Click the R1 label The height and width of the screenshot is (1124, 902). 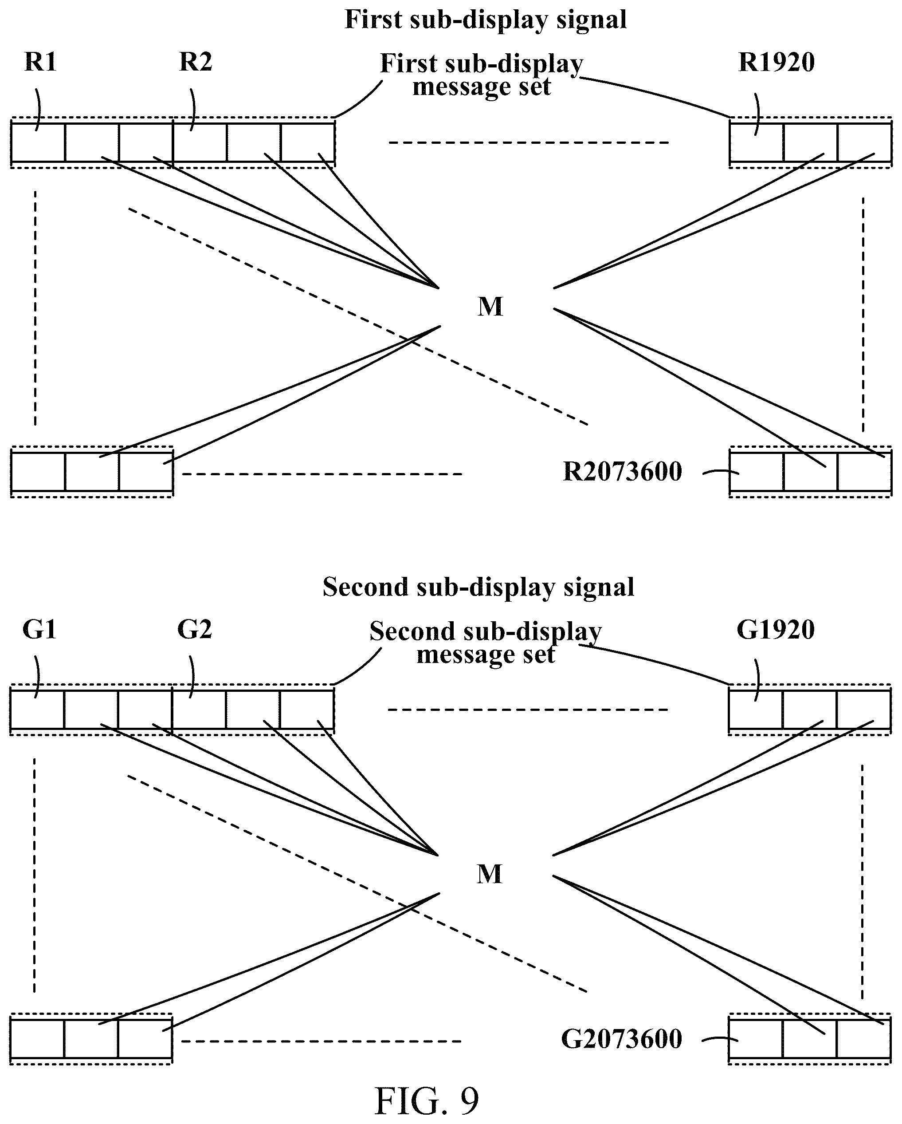coord(40,62)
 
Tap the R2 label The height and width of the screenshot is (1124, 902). coord(196,62)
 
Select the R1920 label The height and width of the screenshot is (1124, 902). coord(777,62)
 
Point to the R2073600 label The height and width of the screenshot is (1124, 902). coord(623,472)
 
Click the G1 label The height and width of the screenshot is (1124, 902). coord(39,629)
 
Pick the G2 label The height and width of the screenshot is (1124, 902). coord(195,629)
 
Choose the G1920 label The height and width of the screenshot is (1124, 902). coord(775,629)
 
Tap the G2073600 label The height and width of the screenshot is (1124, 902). coord(622,1039)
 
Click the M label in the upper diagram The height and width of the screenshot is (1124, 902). coord(490,307)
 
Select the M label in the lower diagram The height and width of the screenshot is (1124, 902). coord(489,874)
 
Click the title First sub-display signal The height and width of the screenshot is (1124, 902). coord(486,20)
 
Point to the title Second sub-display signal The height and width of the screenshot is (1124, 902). coord(478,587)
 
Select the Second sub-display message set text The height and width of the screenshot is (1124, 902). coord(486,642)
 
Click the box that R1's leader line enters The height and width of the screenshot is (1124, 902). coord(39,142)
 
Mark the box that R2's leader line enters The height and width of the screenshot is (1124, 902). coord(200,142)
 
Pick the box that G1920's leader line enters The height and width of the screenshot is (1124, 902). coord(756,710)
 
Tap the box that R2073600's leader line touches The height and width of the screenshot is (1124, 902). coord(757,472)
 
